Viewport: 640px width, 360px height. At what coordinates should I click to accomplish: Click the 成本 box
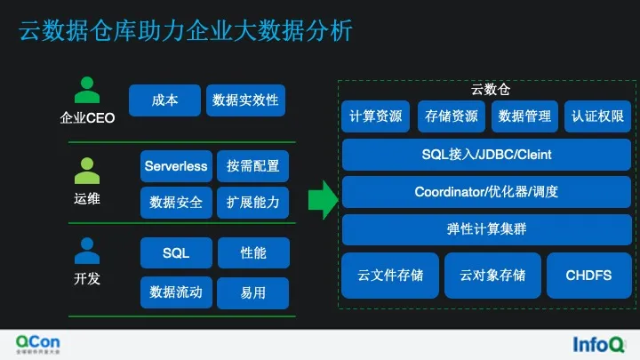click(x=164, y=100)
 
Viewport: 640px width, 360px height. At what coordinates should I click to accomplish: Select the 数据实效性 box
click(x=245, y=100)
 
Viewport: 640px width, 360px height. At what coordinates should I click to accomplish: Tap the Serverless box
click(x=176, y=166)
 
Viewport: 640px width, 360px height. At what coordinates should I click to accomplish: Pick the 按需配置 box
click(x=252, y=166)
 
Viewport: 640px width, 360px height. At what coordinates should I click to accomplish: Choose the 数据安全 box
click(x=176, y=203)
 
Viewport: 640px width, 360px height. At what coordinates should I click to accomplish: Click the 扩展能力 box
click(x=252, y=203)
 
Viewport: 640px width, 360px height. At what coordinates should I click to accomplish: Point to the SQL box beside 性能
click(x=176, y=253)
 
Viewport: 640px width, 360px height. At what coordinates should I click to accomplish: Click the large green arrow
click(x=323, y=199)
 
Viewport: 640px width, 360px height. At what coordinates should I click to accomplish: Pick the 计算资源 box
click(x=375, y=116)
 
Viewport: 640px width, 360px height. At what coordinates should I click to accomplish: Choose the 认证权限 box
click(x=598, y=116)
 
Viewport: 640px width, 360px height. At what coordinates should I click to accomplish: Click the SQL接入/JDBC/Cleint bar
click(x=486, y=155)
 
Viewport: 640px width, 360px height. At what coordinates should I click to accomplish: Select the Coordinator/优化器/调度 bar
click(x=486, y=192)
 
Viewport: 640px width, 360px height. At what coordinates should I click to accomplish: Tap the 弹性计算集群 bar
click(x=486, y=229)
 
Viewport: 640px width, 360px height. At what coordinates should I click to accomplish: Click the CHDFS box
click(x=588, y=276)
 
